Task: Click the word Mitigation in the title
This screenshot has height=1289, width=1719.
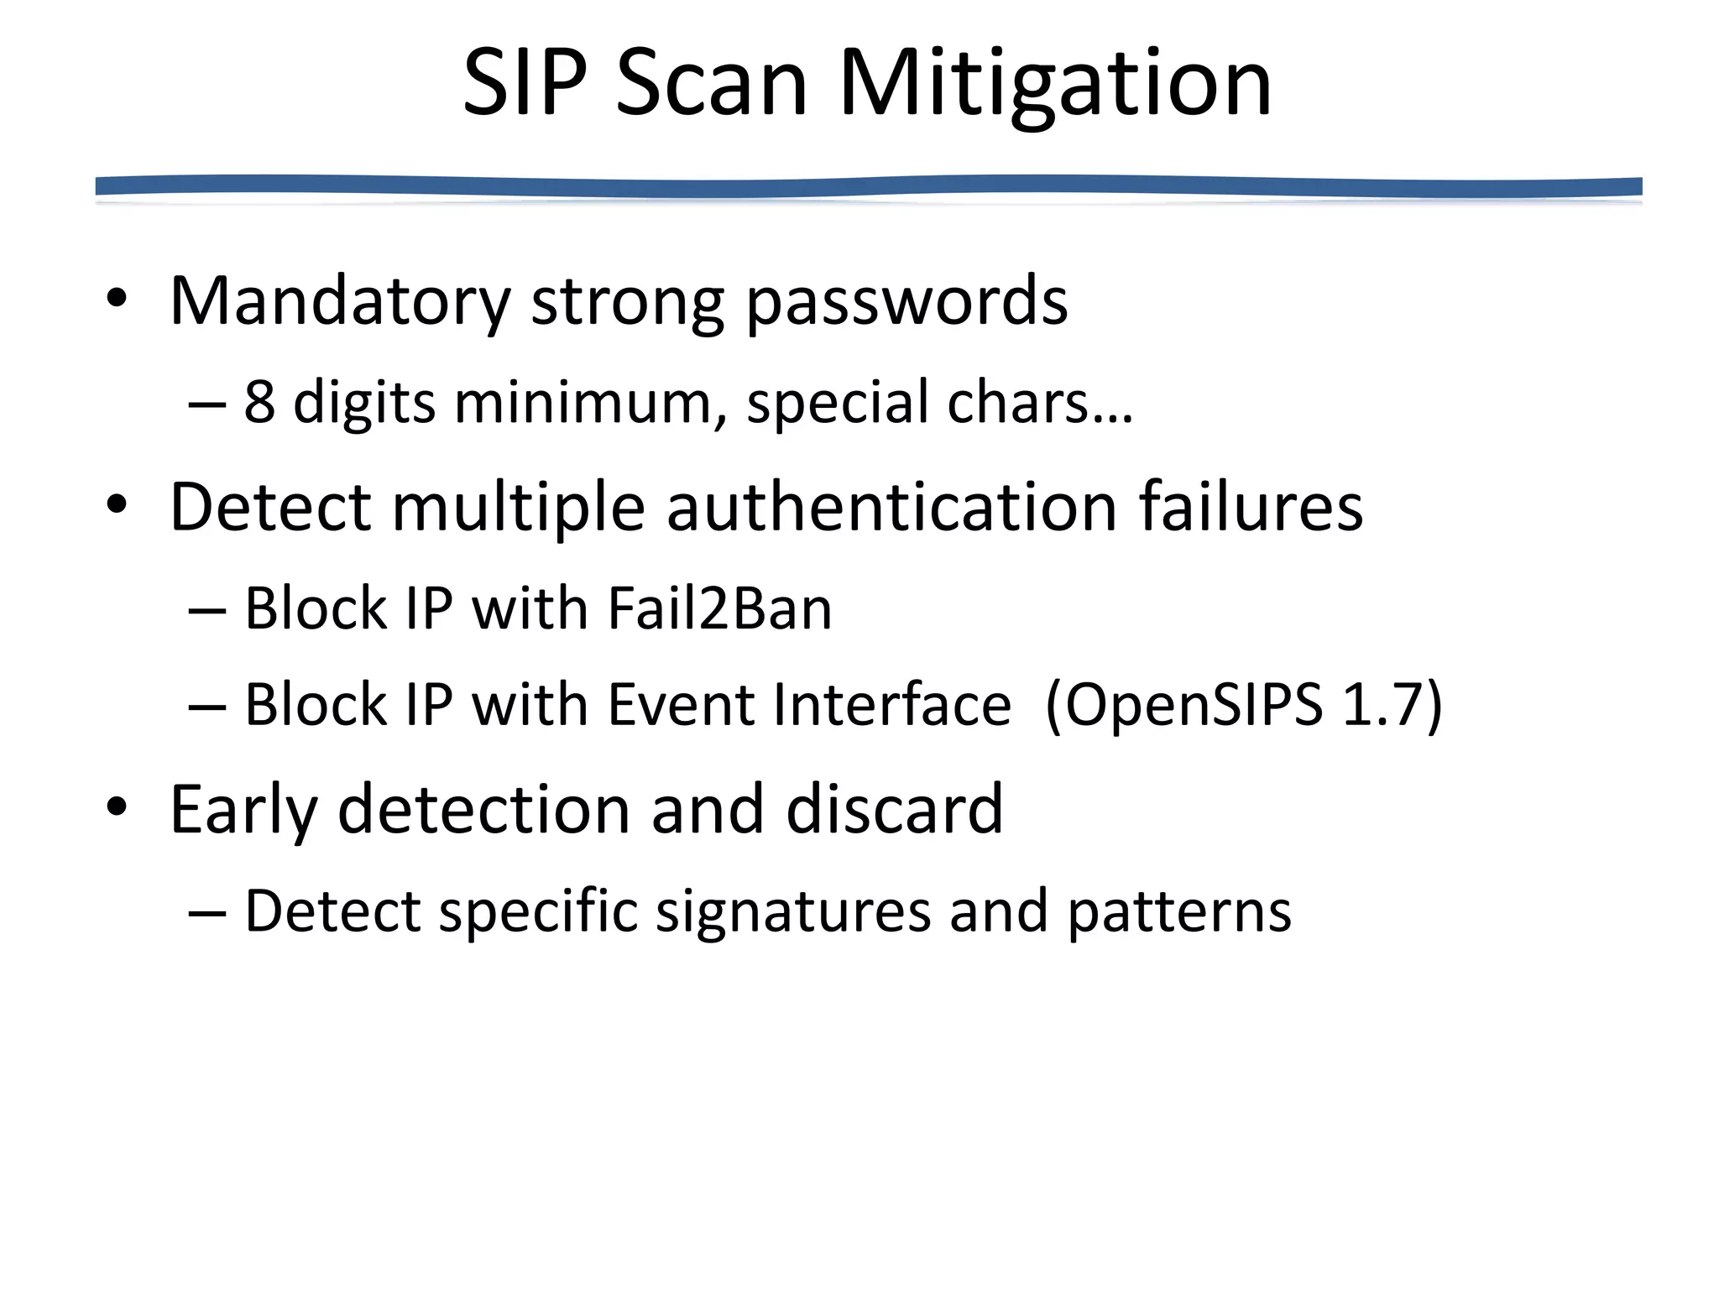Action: pos(1055,84)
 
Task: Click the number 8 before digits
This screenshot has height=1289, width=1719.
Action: pos(259,402)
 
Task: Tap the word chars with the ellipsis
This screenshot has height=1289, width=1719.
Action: pos(1040,402)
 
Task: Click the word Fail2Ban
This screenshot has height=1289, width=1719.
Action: pos(719,608)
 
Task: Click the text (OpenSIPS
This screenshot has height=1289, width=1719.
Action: pos(1184,704)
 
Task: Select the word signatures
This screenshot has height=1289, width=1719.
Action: pos(792,911)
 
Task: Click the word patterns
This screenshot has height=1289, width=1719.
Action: pos(1179,911)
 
